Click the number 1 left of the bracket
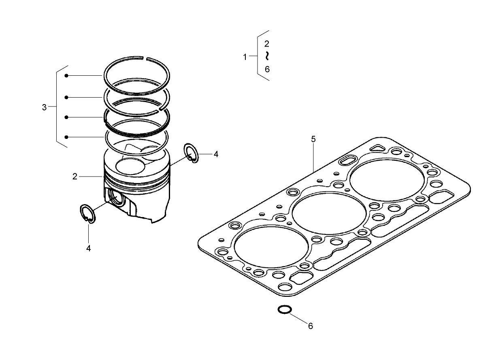(x=245, y=57)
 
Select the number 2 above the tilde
(x=267, y=44)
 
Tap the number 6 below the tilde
(x=267, y=69)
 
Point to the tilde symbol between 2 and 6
(x=267, y=56)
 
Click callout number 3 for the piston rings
(x=44, y=108)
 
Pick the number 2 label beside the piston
(x=75, y=177)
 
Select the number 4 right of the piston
(x=216, y=154)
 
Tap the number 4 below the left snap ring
(x=88, y=248)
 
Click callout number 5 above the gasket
(x=313, y=139)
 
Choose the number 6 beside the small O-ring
(x=311, y=326)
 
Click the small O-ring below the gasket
(x=284, y=310)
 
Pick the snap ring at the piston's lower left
(x=87, y=214)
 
